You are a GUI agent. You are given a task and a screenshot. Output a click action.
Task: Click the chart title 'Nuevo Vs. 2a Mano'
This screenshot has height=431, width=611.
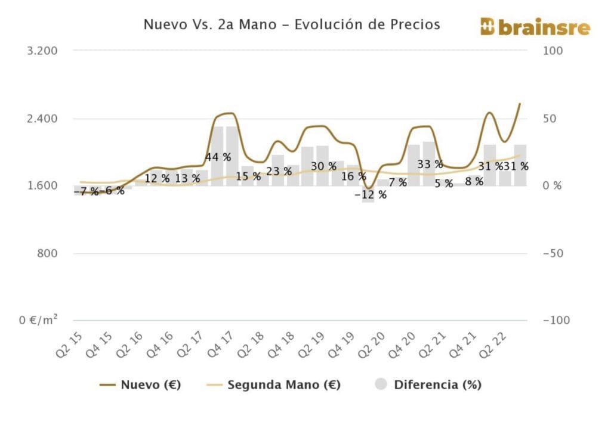point(292,25)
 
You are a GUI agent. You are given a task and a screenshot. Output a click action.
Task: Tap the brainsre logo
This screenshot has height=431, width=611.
point(535,27)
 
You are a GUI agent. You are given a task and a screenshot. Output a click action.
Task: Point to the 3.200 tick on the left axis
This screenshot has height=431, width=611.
point(42,51)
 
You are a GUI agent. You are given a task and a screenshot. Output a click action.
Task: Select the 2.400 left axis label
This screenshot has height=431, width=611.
point(42,118)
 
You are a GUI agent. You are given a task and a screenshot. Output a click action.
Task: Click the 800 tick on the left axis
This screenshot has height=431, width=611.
point(47,253)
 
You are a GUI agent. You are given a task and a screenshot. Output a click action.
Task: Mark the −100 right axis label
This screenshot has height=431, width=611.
point(556,321)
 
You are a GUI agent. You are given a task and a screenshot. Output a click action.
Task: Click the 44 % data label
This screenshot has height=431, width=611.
point(218,157)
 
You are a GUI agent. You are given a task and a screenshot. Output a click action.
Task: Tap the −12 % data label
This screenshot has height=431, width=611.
point(370,195)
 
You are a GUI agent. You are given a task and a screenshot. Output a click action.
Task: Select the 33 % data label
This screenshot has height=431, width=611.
point(430,165)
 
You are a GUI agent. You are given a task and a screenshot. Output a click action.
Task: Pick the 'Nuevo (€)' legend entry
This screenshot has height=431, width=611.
point(141,385)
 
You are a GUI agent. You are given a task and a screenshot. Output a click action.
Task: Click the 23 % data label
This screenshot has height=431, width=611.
point(279,172)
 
